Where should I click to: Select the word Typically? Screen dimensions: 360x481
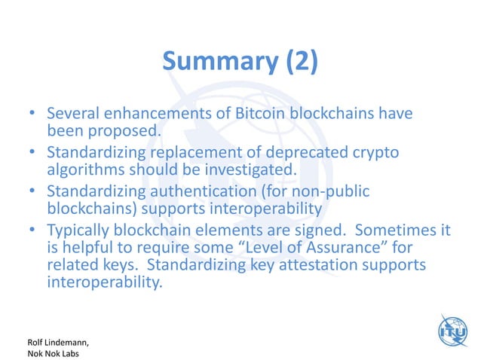[x=80, y=231]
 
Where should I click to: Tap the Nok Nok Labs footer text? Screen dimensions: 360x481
[x=42, y=349]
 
